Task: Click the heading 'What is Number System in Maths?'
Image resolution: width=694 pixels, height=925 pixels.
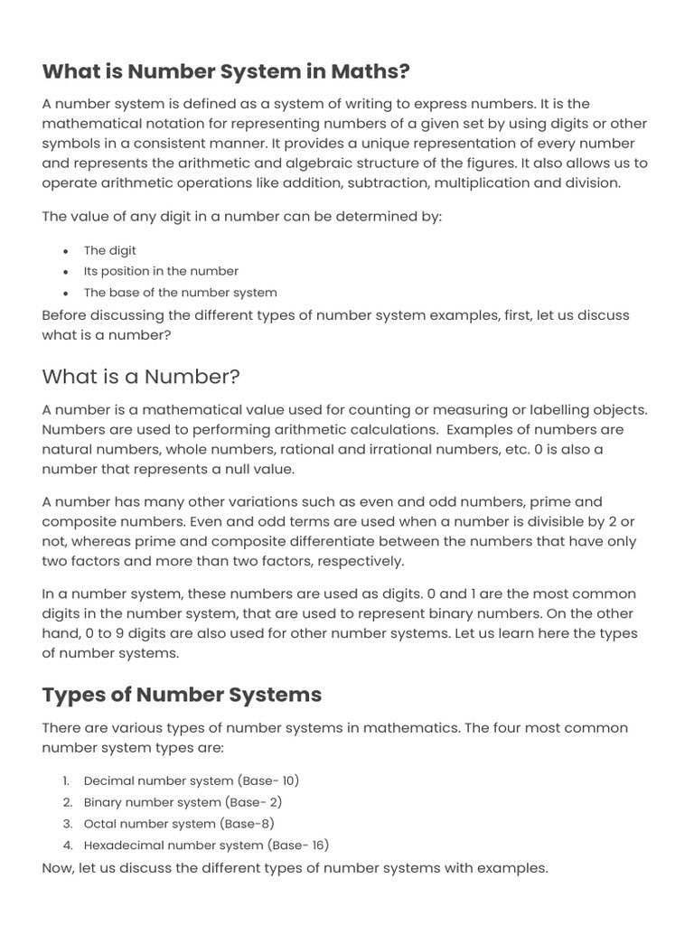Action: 226,71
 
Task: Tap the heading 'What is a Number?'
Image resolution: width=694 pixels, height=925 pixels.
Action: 141,376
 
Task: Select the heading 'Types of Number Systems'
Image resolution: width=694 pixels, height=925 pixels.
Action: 182,695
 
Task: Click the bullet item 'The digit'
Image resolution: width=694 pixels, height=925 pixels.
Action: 110,250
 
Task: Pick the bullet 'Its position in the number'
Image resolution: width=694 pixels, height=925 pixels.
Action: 161,271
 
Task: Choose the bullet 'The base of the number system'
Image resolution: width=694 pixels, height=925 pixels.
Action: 180,293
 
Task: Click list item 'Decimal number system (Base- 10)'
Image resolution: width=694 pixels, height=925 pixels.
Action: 191,780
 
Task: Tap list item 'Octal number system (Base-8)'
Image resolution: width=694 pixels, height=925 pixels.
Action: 178,824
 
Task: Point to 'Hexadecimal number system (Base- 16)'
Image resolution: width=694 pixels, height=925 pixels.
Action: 206,846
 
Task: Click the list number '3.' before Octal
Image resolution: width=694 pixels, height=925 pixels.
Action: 68,824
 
